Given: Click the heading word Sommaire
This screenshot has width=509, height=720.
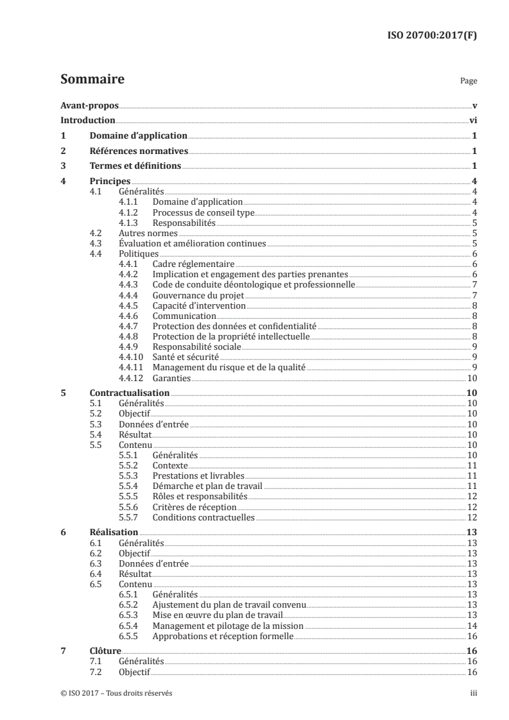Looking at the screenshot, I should click(x=92, y=80).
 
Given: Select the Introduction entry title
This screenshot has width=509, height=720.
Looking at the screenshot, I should click(x=87, y=121).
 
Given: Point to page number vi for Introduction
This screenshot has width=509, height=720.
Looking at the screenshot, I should click(x=472, y=121).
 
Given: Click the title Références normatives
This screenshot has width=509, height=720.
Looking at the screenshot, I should click(x=139, y=151).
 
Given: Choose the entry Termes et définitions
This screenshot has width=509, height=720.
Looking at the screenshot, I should click(x=135, y=167).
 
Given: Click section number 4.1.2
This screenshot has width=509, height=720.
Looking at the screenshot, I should click(x=129, y=212).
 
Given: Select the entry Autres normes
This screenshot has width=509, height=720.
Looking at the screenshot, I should click(x=143, y=233).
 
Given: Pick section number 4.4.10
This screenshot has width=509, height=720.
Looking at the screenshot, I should click(x=131, y=356).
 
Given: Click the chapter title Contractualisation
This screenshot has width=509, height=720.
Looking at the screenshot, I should click(x=130, y=392).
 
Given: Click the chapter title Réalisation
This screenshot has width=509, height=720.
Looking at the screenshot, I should click(x=114, y=532).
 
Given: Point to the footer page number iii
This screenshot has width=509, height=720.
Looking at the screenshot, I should click(x=474, y=694).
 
